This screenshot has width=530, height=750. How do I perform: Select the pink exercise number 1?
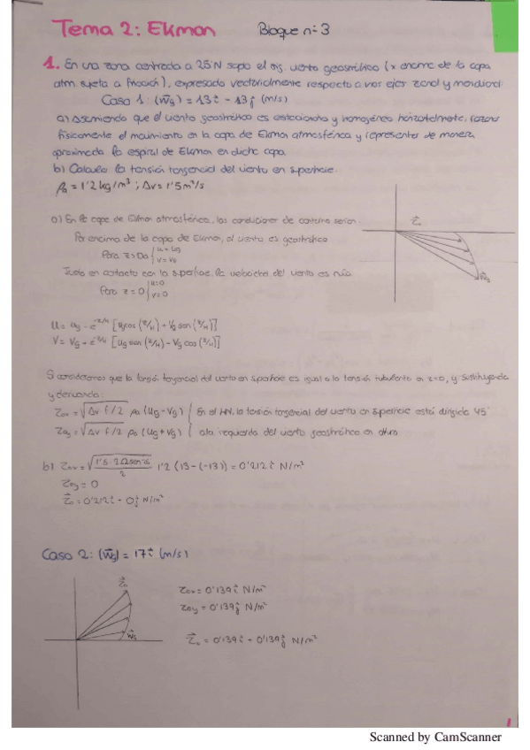pyautogui.click(x=50, y=64)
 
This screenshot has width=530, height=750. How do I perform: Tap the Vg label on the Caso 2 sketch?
pyautogui.click(x=131, y=635)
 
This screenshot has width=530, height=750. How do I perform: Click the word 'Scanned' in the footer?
pyautogui.click(x=388, y=736)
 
